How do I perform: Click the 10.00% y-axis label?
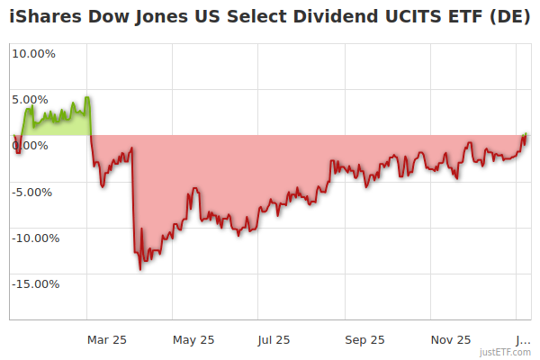[x=33, y=53]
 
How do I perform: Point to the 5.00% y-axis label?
[x=36, y=99]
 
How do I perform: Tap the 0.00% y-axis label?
[x=36, y=146]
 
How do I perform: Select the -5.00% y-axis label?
[x=34, y=192]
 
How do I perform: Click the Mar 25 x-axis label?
[x=107, y=339]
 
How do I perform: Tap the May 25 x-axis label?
[x=193, y=339]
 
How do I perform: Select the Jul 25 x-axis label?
[x=274, y=339]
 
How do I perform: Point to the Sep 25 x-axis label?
[x=364, y=339]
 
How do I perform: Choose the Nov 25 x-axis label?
[x=450, y=339]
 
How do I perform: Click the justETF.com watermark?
[x=505, y=352]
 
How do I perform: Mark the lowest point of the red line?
[x=140, y=269]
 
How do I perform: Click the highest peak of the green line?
[x=86, y=96]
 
